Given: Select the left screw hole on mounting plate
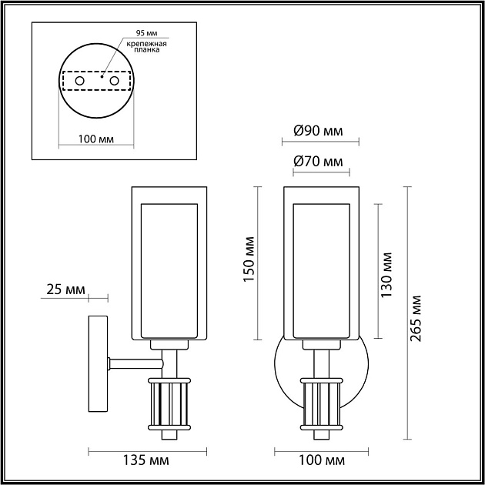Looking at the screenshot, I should point(79,80).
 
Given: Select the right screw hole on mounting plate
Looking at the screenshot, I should point(114,80).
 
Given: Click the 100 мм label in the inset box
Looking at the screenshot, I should point(96,139).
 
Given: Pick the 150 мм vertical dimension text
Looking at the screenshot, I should point(249,260).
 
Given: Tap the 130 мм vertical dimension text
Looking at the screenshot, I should point(387,274).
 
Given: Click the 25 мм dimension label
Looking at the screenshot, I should point(65,289).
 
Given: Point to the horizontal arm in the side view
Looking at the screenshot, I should point(135,360).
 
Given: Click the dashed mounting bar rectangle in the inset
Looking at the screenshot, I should point(96,80).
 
